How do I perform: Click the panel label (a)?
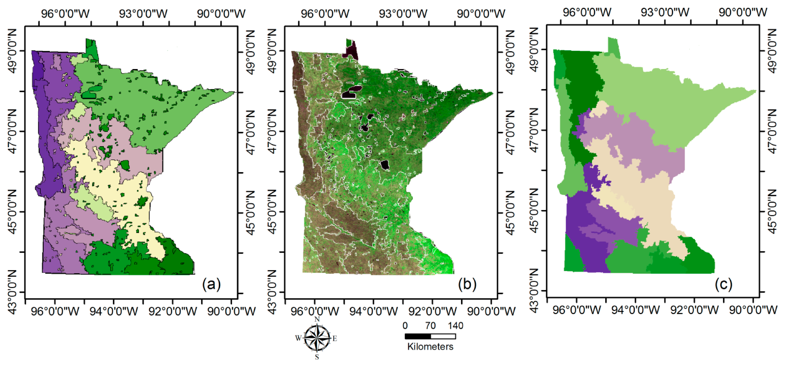point(211,284)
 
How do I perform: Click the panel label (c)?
point(723,284)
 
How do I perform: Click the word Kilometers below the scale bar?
point(430,347)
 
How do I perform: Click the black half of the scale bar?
point(417,336)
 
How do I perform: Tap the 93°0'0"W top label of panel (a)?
point(143,14)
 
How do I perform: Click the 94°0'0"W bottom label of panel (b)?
point(374,311)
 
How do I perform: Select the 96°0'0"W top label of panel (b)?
point(325,14)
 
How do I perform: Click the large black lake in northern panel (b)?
point(351,91)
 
